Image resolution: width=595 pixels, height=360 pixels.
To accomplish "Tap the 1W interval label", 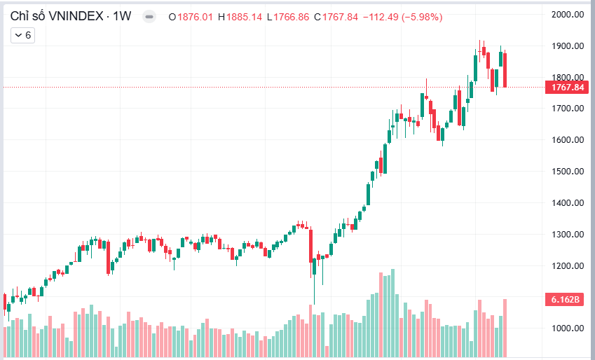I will [x=123, y=16].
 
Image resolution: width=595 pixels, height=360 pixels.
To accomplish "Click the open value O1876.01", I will [x=191, y=17].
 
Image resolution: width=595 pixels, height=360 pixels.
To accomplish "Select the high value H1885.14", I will [x=240, y=17].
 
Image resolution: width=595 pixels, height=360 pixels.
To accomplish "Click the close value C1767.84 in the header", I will [x=337, y=17].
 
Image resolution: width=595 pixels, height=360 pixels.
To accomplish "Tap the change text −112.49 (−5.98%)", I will [x=402, y=17].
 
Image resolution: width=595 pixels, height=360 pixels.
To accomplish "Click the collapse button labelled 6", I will [x=23, y=35].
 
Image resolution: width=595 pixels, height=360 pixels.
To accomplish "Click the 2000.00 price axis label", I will [x=568, y=14].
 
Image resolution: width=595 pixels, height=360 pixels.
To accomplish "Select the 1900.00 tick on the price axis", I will [x=568, y=46].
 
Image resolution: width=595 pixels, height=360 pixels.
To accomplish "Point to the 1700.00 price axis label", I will [x=568, y=109].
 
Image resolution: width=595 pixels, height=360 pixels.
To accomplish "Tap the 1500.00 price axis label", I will [x=568, y=172].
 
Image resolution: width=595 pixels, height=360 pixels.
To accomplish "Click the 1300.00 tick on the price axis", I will [x=568, y=235].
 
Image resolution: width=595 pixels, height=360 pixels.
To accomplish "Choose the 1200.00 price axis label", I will [x=568, y=266].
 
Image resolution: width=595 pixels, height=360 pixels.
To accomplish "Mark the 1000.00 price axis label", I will [x=568, y=328].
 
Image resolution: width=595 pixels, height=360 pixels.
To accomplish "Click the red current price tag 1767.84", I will [x=568, y=88].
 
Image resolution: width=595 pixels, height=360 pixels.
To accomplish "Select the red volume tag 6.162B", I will [x=564, y=300].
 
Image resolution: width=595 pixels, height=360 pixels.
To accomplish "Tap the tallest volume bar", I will [x=392, y=312].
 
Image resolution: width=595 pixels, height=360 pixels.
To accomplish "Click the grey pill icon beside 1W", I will [x=148, y=17].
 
